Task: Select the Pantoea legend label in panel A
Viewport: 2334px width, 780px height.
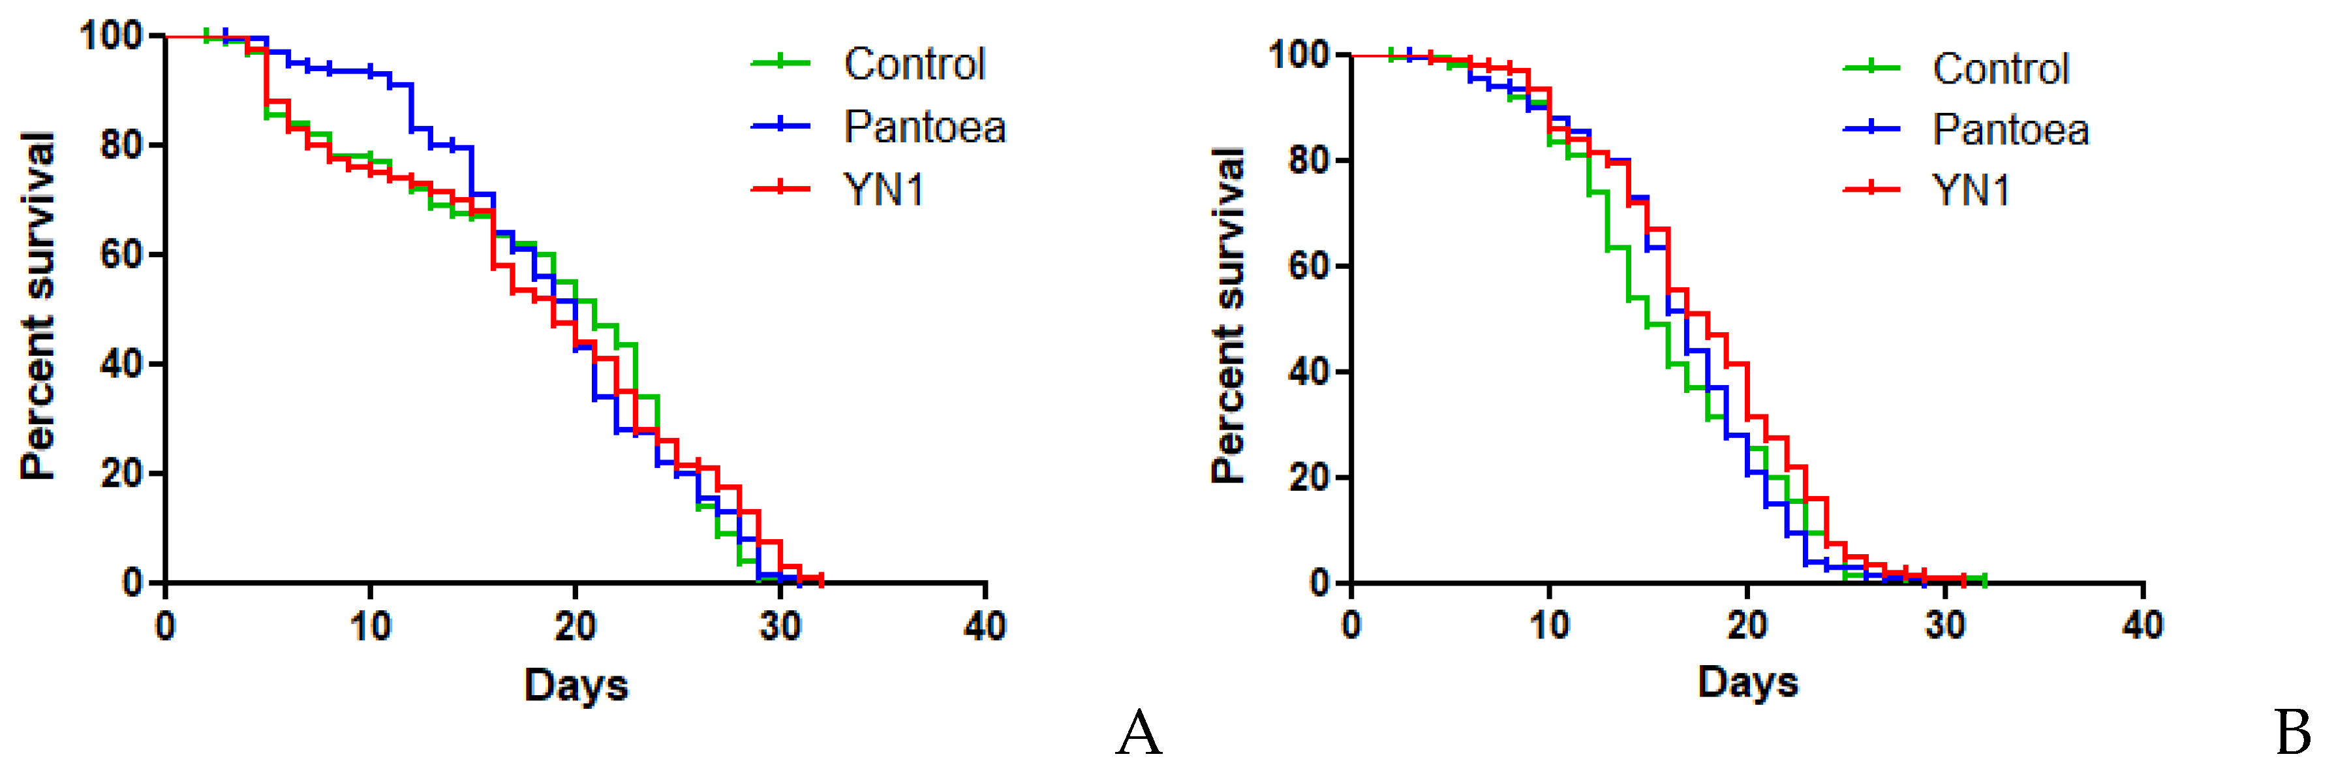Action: pyautogui.click(x=924, y=127)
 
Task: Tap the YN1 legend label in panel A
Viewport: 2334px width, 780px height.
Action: pyautogui.click(x=883, y=190)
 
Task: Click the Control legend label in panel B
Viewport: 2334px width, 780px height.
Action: pyautogui.click(x=2001, y=69)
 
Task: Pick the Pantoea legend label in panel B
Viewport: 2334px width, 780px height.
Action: pyautogui.click(x=2010, y=129)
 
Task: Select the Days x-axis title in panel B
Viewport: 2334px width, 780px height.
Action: pyautogui.click(x=1748, y=682)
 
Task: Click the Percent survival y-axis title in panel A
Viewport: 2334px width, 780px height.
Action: pyautogui.click(x=37, y=305)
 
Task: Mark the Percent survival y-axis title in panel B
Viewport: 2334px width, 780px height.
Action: pyautogui.click(x=1229, y=315)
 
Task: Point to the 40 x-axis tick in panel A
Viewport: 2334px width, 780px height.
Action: pyautogui.click(x=985, y=626)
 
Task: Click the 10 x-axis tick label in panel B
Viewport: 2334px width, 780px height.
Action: pyautogui.click(x=1549, y=625)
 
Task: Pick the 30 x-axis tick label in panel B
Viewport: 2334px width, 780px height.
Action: pyautogui.click(x=1945, y=625)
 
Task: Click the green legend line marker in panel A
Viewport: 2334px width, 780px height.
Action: pyautogui.click(x=780, y=63)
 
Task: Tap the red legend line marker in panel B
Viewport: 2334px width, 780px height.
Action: pyautogui.click(x=1871, y=189)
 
